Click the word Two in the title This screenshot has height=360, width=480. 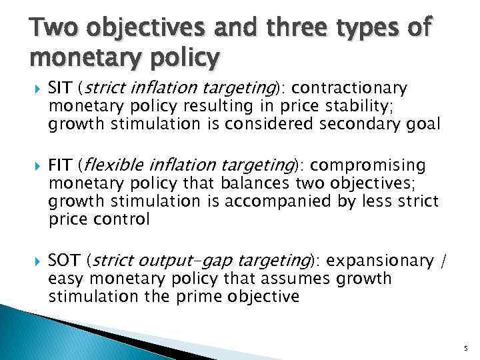(x=50, y=29)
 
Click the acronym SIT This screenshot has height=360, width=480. (x=61, y=88)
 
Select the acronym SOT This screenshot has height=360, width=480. (x=64, y=260)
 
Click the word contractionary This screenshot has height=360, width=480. (x=349, y=88)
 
